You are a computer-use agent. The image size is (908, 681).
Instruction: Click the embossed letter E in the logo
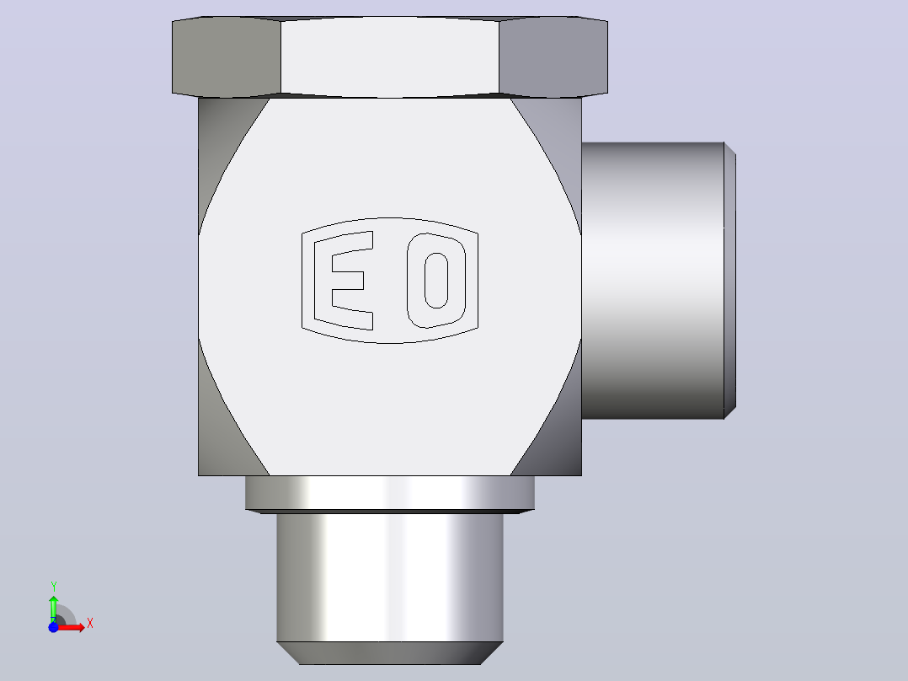pos(323,281)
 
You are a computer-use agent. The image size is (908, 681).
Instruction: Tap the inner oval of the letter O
pos(436,281)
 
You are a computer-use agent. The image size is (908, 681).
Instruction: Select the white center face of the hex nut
pos(390,56)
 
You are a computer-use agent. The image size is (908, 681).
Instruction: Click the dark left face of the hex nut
pos(227,56)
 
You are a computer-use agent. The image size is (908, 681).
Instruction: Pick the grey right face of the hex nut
pos(553,56)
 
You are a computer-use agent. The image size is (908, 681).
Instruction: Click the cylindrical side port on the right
pos(653,281)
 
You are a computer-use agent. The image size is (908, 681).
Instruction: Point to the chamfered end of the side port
pos(730,281)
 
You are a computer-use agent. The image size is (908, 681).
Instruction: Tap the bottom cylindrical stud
pos(390,577)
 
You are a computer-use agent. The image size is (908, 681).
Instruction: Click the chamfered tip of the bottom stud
pos(390,653)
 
